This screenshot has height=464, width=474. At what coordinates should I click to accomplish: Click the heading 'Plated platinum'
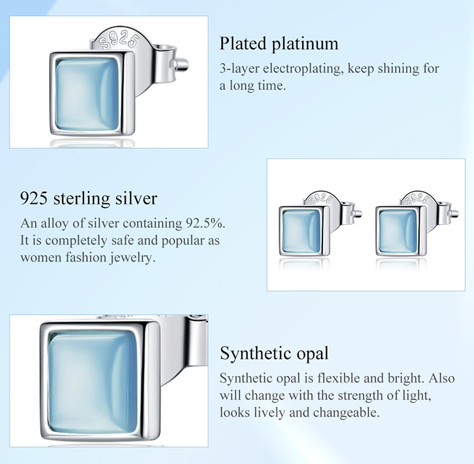coord(279,44)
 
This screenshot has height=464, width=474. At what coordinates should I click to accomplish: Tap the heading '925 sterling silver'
coord(89,199)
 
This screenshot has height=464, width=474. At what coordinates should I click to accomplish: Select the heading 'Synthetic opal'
coord(274,353)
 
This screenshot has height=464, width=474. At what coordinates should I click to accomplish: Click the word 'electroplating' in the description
coord(303,69)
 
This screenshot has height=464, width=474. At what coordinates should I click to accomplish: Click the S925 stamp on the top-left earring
coord(120,42)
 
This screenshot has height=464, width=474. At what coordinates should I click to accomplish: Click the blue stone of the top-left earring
coord(87,94)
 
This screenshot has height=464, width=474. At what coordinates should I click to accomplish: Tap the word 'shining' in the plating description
coord(399,69)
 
